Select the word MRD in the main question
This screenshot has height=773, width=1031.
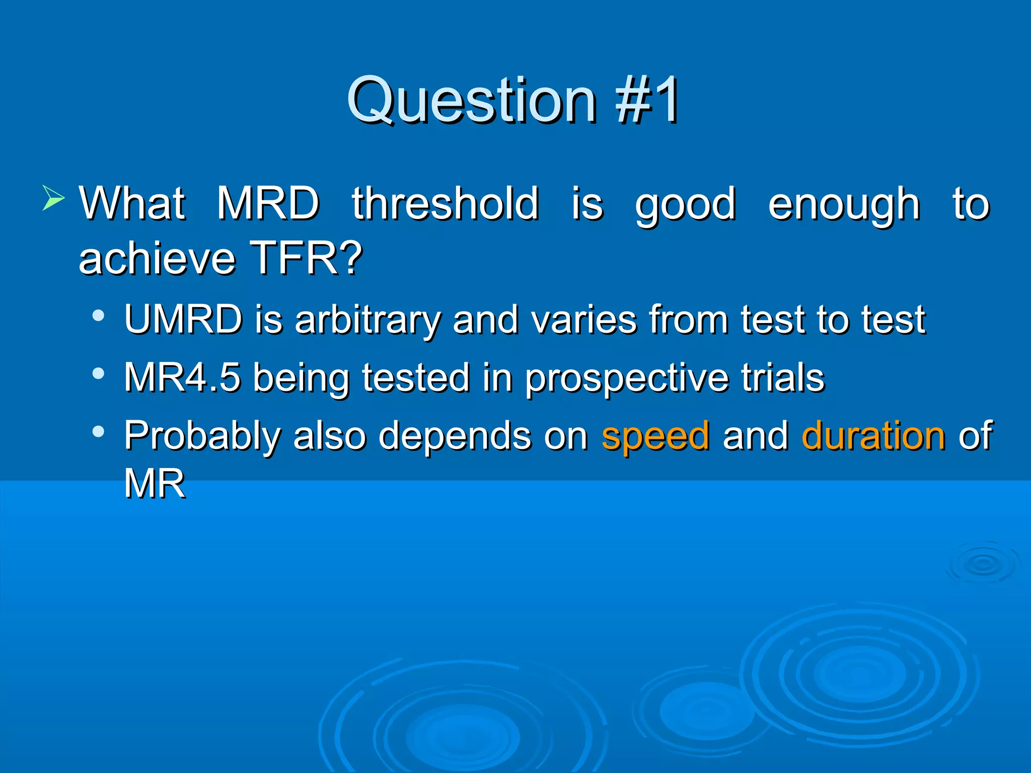268,204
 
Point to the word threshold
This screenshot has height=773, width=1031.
446,204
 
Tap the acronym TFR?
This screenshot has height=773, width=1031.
306,258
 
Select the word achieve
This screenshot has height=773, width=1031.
157,258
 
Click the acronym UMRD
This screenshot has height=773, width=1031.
184,319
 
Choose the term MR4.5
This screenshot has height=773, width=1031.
182,377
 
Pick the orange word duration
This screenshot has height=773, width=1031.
873,436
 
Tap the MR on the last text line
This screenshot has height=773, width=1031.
155,484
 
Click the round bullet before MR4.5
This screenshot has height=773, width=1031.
99,374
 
